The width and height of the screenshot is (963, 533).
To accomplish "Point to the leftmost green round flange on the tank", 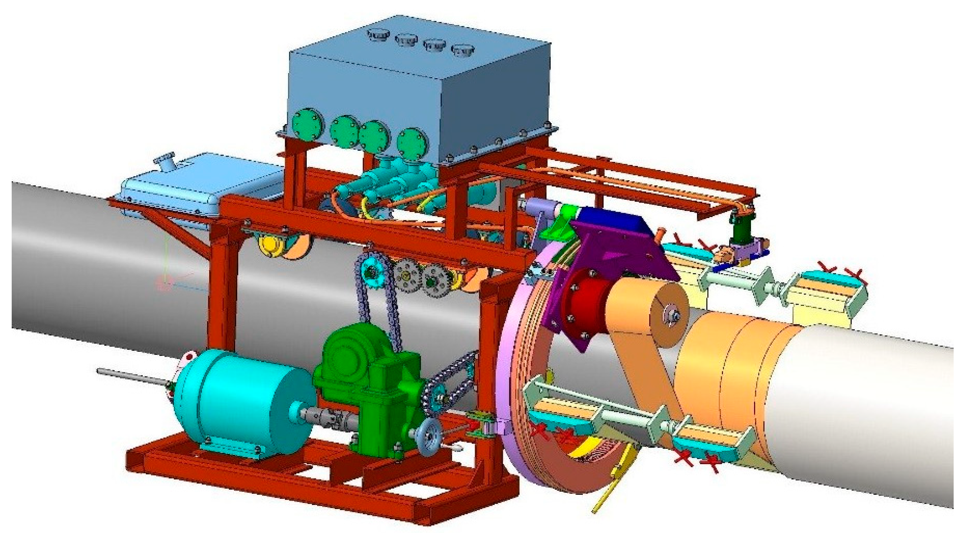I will coord(306,124).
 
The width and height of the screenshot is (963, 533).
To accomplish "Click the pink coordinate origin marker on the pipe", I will coord(164,282).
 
